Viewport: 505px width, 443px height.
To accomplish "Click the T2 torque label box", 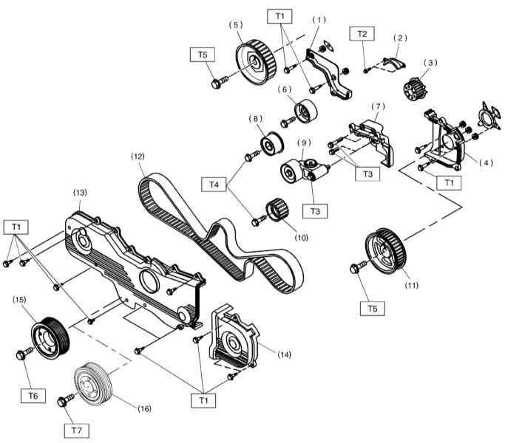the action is [362, 34].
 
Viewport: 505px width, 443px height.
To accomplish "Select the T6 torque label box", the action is [33, 396].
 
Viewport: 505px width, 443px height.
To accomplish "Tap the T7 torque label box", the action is [77, 430].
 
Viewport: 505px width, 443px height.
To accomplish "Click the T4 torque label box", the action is [214, 185].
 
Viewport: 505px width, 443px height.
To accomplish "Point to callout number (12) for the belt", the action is [138, 157].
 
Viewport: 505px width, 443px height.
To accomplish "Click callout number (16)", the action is [144, 408].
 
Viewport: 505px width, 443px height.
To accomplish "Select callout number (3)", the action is [431, 63].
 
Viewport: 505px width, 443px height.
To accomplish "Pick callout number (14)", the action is [284, 354].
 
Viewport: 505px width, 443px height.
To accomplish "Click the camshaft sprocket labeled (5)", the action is [256, 62].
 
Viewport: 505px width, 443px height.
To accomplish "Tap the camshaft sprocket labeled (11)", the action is [386, 251].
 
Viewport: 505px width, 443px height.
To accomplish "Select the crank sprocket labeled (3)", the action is [415, 89].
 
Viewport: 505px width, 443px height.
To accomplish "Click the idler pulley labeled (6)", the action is [305, 111].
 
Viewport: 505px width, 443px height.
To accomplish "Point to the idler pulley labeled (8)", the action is [271, 144].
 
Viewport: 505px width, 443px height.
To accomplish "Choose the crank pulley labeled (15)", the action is [50, 338].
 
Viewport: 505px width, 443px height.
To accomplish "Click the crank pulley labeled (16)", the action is [93, 384].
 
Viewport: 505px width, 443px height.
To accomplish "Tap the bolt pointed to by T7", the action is [65, 400].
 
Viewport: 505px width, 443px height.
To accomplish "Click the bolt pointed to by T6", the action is [24, 353].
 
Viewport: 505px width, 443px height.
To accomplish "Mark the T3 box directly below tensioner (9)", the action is [315, 211].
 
